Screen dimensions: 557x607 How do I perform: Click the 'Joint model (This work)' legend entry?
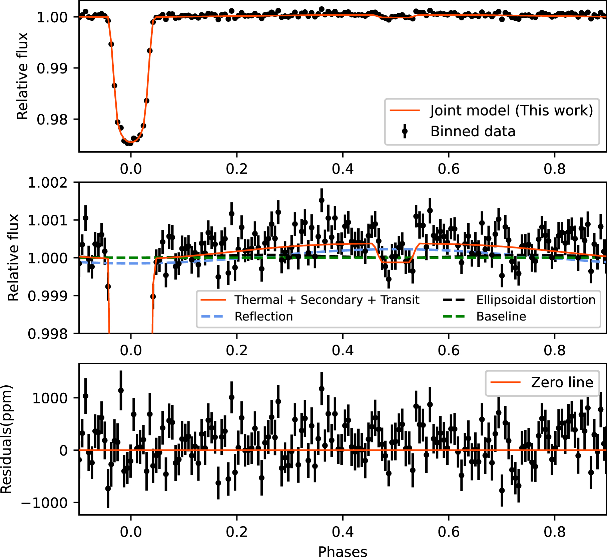(x=511, y=111)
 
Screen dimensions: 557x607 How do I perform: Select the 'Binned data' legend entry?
(x=473, y=131)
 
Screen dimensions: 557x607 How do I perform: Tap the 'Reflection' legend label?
(x=263, y=316)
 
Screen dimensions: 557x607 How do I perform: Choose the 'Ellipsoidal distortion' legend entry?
(x=536, y=300)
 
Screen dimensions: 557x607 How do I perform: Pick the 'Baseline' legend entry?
(x=501, y=316)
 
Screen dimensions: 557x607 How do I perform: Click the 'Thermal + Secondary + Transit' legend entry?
(x=327, y=300)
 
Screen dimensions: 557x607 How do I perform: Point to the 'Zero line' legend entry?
(x=562, y=382)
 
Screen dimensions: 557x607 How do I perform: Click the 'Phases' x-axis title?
(x=343, y=551)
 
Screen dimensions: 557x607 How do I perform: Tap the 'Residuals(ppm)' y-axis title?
(x=6, y=439)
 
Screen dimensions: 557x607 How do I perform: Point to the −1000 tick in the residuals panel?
(x=44, y=503)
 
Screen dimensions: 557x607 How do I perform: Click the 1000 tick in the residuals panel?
(x=50, y=398)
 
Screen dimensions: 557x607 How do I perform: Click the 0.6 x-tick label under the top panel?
(x=449, y=169)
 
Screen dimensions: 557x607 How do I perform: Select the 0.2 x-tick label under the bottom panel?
(x=237, y=532)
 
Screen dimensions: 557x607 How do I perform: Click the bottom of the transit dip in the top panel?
(x=130, y=143)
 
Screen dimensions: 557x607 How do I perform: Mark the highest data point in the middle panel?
(x=322, y=200)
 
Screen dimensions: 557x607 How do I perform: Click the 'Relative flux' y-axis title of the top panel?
(x=22, y=76)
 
